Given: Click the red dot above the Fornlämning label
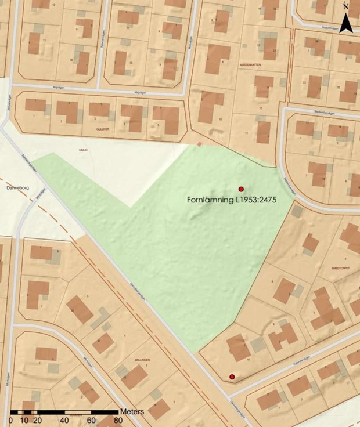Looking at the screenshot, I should [x=241, y=189].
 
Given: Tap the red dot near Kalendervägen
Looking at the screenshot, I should [x=232, y=377].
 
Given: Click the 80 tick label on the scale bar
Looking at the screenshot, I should [x=118, y=420].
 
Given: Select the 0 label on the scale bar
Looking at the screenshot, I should [x=11, y=420].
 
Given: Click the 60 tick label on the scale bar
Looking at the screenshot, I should [x=91, y=420].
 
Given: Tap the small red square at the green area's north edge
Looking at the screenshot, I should [x=199, y=143].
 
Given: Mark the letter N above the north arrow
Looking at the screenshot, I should [x=346, y=7].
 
